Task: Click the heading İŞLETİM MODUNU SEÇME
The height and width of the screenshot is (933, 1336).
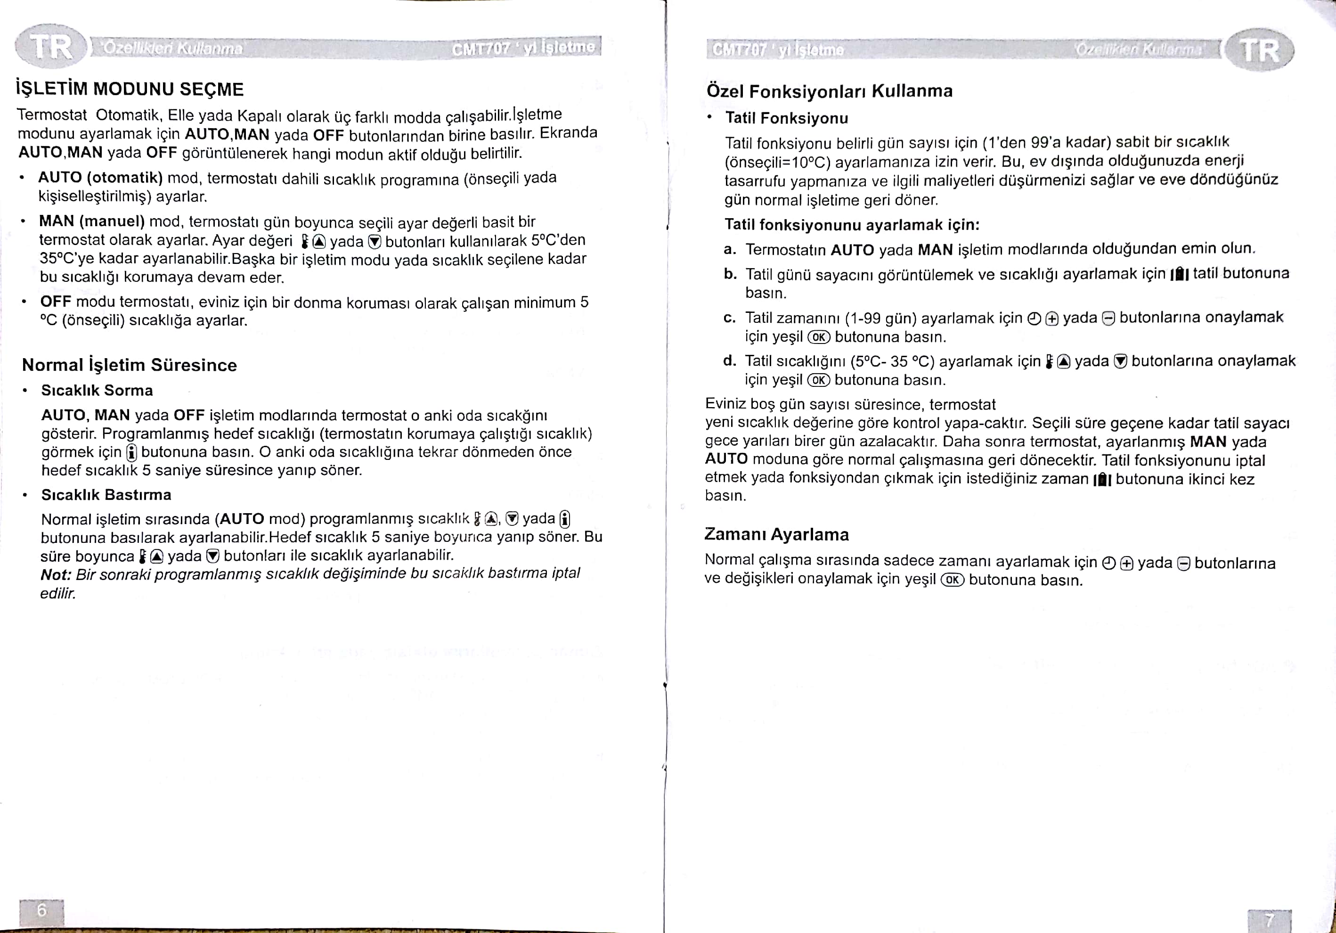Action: pyautogui.click(x=130, y=89)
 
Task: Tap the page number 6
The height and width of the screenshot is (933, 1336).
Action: pyautogui.click(x=41, y=910)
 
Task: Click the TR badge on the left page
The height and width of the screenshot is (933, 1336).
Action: pyautogui.click(x=51, y=47)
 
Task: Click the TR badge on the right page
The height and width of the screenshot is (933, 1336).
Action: pyautogui.click(x=1259, y=50)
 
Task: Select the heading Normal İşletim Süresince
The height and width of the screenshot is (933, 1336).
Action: pyautogui.click(x=129, y=365)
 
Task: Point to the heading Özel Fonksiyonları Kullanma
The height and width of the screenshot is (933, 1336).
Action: pyautogui.click(x=829, y=91)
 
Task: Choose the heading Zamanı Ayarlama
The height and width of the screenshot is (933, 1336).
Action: pyautogui.click(x=776, y=534)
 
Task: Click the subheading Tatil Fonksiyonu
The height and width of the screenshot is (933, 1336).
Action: pyautogui.click(x=787, y=118)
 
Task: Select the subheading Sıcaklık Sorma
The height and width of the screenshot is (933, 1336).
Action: pyautogui.click(x=97, y=391)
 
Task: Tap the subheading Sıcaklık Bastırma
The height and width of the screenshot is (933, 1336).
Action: pyautogui.click(x=106, y=495)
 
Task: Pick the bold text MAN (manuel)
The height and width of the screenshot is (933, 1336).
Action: pyautogui.click(x=92, y=222)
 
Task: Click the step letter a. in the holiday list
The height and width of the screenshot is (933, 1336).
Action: pyautogui.click(x=730, y=250)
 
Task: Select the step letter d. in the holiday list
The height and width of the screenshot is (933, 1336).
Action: pyautogui.click(x=730, y=361)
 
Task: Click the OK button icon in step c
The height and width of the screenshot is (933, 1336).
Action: pyautogui.click(x=819, y=337)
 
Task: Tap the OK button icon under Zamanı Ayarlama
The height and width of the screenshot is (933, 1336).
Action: pyautogui.click(x=953, y=580)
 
